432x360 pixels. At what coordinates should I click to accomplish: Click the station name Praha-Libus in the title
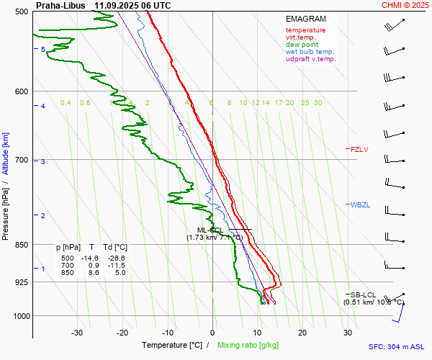tap(60, 5)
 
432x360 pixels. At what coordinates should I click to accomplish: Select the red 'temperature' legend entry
tap(305, 30)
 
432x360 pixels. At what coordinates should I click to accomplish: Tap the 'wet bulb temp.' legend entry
tap(310, 52)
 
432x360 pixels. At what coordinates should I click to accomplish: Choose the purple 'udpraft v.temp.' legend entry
tap(310, 59)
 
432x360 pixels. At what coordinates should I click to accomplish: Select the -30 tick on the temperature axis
tap(77, 333)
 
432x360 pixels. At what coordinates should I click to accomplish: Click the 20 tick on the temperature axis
tap(302, 333)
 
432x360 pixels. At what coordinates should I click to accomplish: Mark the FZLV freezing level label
tap(359, 150)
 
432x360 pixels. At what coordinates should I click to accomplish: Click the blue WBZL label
tap(359, 205)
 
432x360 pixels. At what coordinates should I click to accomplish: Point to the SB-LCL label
tap(363, 295)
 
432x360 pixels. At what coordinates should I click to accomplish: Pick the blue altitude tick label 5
tap(43, 49)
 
